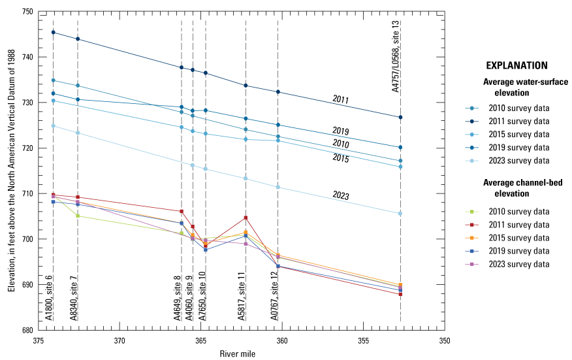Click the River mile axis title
[237, 353]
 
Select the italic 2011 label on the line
[340, 99]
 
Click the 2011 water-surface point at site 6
[54, 32]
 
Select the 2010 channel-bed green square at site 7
[78, 216]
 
